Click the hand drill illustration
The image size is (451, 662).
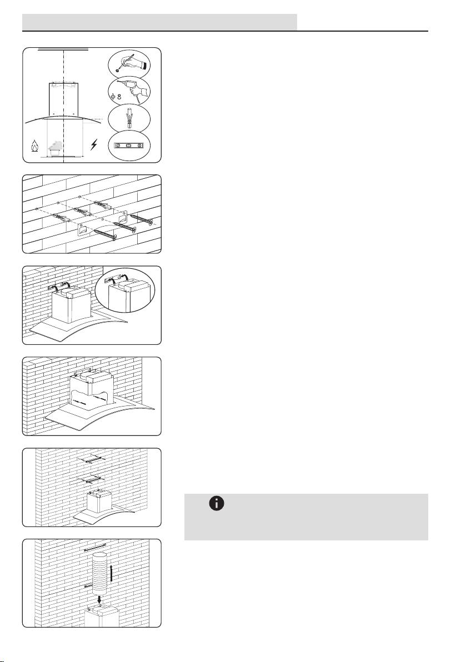tap(134, 91)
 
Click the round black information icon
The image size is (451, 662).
tap(217, 504)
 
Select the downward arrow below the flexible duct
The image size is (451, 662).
tap(99, 599)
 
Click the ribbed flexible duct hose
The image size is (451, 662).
tap(99, 573)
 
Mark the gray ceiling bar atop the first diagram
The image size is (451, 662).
tap(63, 48)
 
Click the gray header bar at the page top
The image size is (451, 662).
tap(159, 22)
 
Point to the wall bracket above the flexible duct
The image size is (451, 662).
tap(99, 548)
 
